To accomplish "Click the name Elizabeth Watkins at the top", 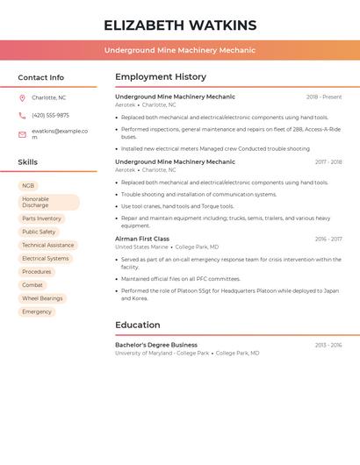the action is point(180,25).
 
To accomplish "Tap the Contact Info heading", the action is point(40,77).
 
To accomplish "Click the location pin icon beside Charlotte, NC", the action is point(23,98).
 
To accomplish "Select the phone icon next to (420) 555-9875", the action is point(23,116).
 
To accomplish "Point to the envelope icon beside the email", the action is point(23,134).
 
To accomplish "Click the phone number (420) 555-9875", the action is point(50,116).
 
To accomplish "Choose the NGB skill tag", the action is point(28,186).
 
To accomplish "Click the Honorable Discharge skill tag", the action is point(48,203).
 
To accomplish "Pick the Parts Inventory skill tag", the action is point(41,218).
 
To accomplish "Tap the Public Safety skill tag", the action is point(39,232).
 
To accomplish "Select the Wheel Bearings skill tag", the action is point(42,298).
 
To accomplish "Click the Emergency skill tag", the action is point(37,311).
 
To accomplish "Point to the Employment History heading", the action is point(161,77).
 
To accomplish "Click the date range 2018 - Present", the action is point(324,97).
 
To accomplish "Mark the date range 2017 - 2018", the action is point(328,162).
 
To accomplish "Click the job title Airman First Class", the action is point(142,239).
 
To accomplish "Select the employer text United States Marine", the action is point(141,247).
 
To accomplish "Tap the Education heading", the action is point(137,325).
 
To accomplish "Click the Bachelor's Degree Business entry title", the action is point(156,345).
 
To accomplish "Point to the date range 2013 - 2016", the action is point(328,346).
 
